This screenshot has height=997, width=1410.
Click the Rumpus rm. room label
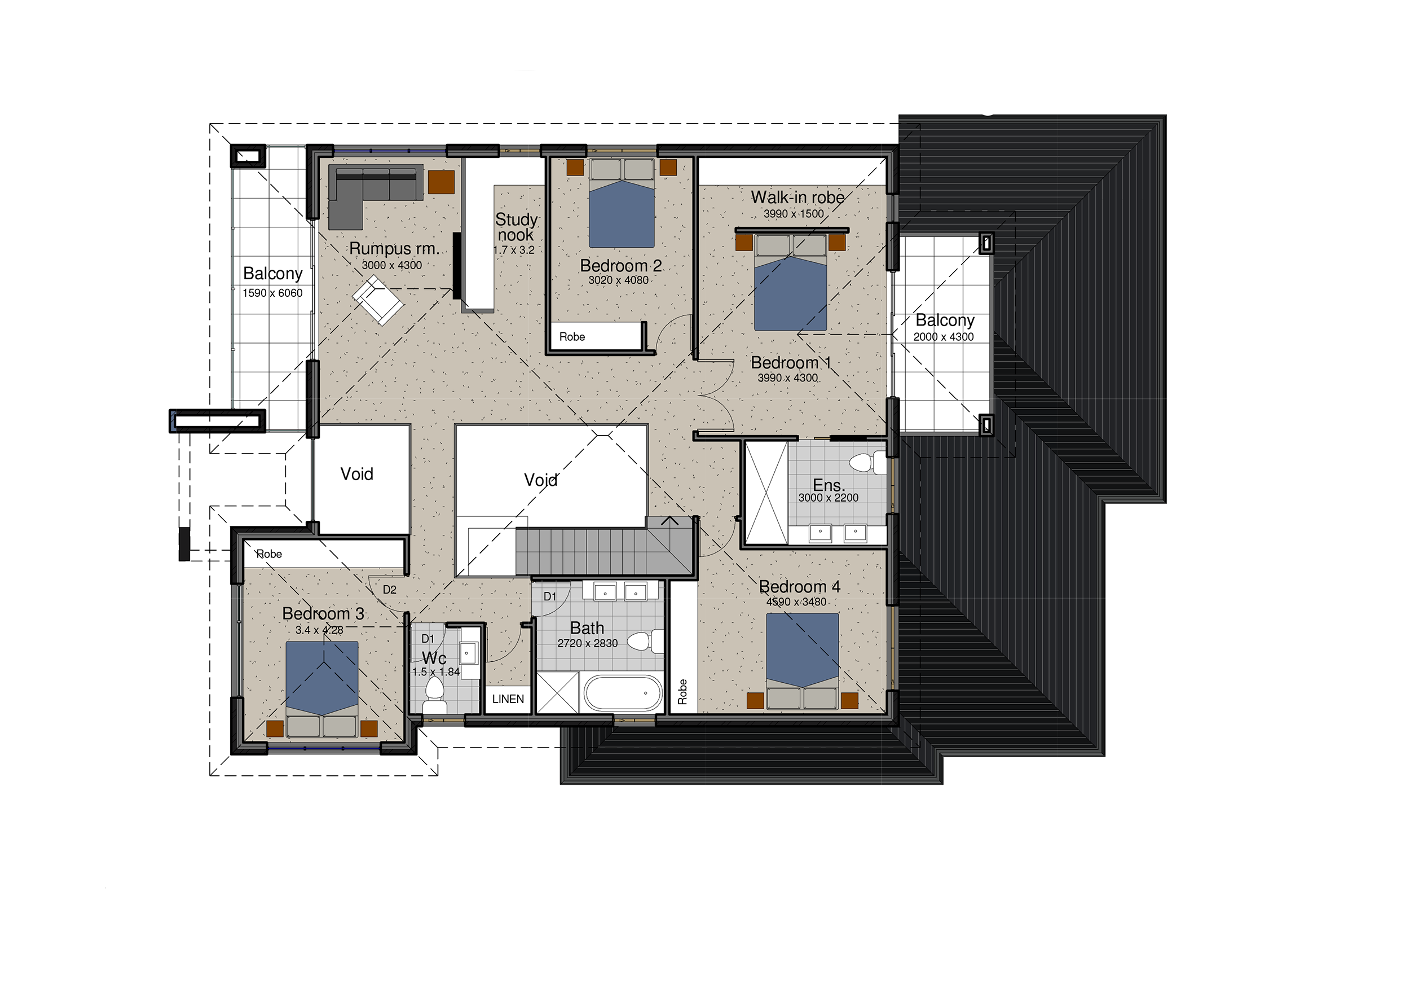click(394, 249)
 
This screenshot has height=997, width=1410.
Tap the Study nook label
click(517, 227)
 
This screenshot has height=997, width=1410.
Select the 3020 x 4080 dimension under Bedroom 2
click(618, 280)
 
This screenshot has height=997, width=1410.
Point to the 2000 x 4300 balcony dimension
click(943, 337)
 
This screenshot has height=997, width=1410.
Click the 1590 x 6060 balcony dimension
click(272, 293)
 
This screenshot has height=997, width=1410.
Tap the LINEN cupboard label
click(508, 699)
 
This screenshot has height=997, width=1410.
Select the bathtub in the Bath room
click(623, 694)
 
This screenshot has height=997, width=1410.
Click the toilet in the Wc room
click(435, 697)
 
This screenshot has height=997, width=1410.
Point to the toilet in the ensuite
click(867, 463)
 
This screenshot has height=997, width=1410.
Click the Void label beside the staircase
click(540, 480)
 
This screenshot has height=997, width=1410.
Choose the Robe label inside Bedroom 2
click(572, 337)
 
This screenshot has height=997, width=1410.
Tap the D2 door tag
click(389, 590)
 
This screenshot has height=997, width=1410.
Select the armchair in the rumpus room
click(378, 300)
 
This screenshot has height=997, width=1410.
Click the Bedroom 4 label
click(799, 587)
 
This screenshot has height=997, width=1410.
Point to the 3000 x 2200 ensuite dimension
click(828, 498)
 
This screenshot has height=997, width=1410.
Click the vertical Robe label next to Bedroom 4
click(682, 692)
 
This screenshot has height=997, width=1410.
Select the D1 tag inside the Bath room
click(550, 596)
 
